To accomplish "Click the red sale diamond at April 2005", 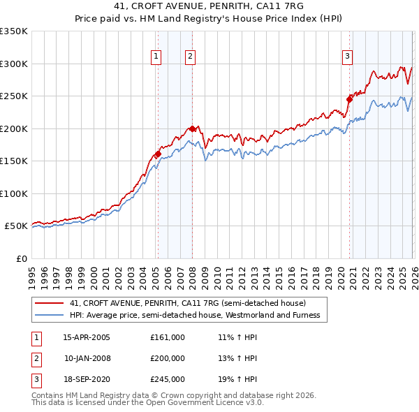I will point(158,154).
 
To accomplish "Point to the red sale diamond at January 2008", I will point(192,128).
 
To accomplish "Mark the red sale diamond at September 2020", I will point(349,99).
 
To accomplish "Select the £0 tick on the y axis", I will point(21,258).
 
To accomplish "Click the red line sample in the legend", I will point(49,303).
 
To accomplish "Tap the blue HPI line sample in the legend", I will point(49,315).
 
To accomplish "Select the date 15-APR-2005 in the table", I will point(87,337).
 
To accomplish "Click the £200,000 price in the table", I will point(168,358).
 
